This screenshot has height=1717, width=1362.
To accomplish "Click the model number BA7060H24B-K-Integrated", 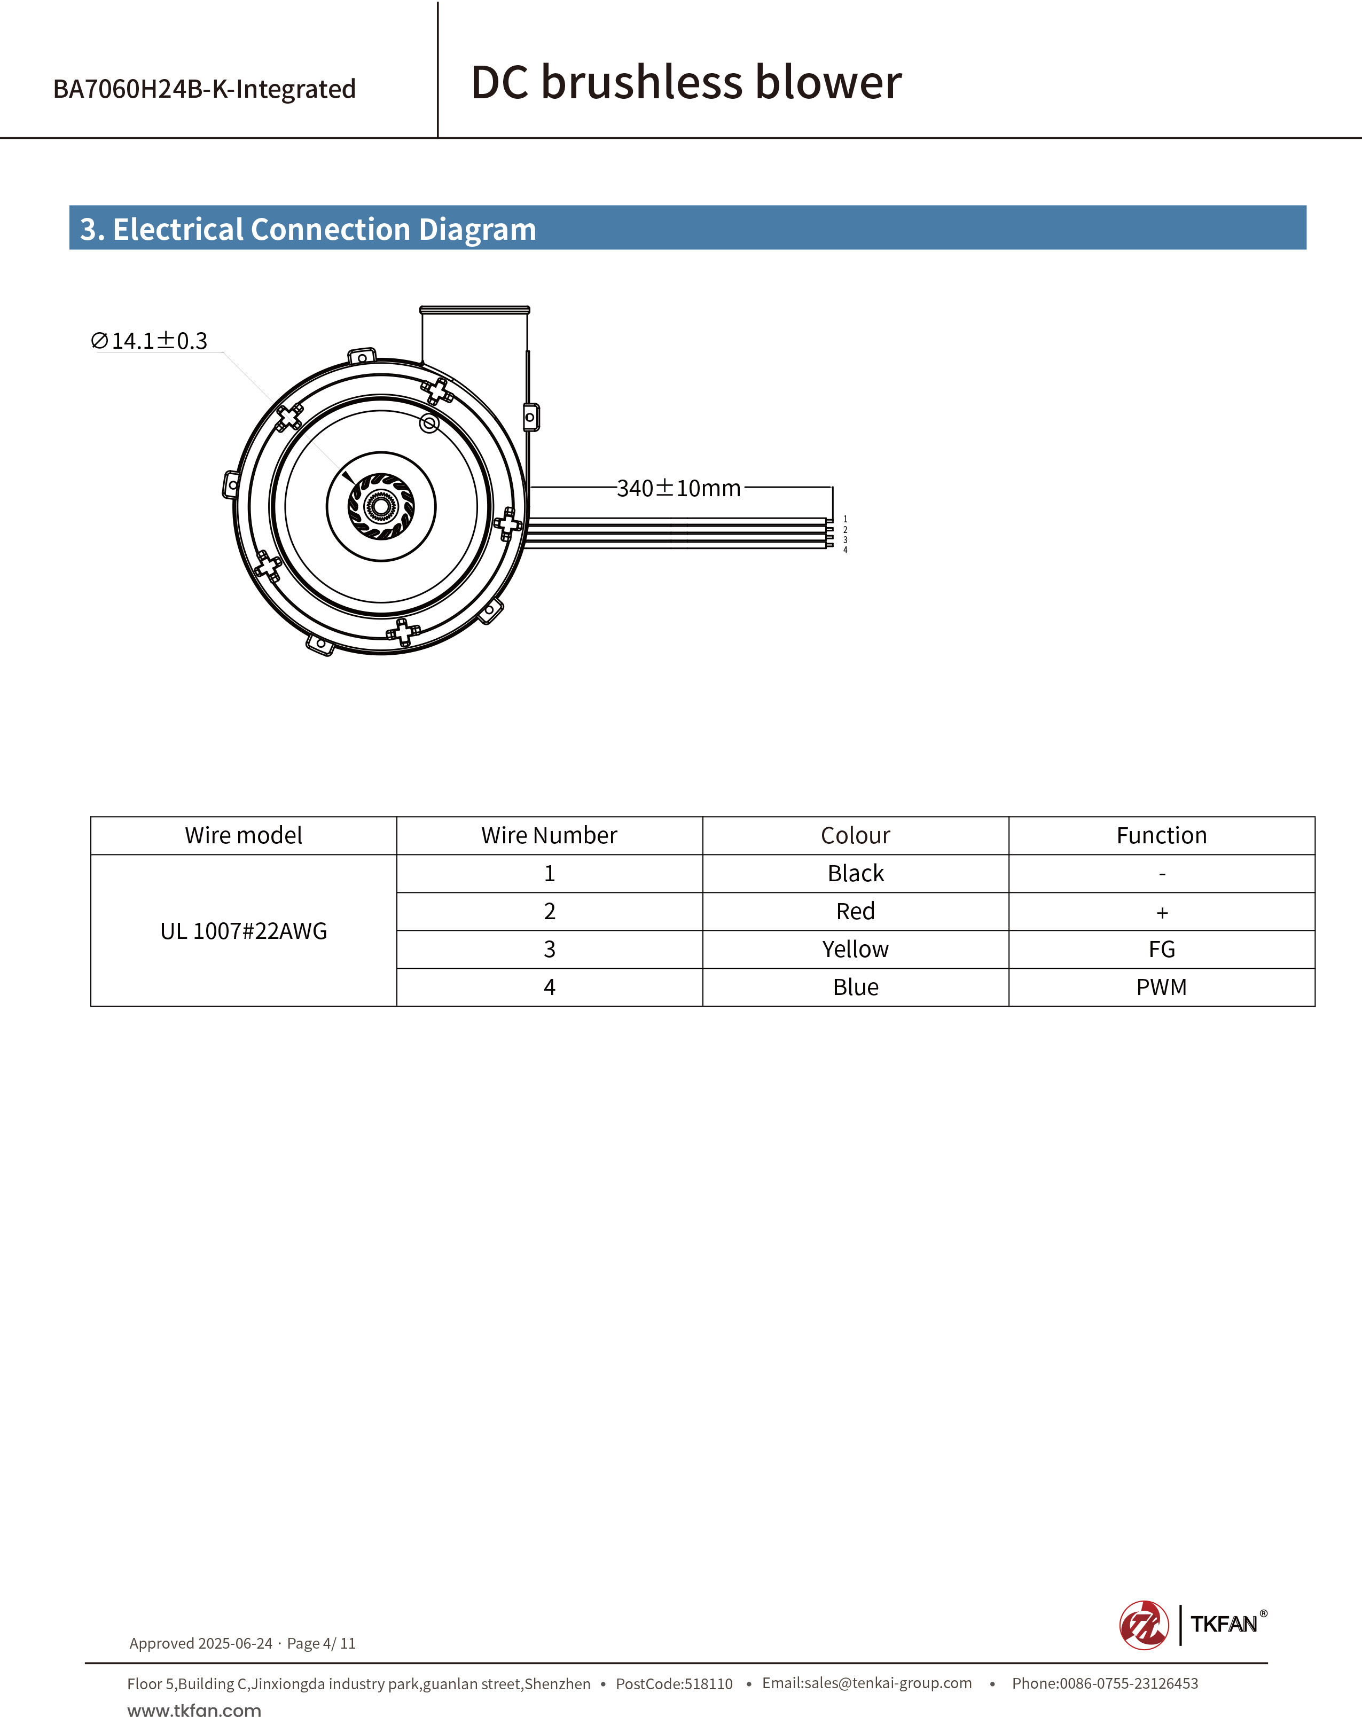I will tap(204, 89).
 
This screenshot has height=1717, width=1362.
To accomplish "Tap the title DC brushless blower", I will tap(686, 82).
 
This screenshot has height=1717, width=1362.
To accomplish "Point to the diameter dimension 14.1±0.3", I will tap(150, 341).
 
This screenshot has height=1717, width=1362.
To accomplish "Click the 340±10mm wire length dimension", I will tap(679, 488).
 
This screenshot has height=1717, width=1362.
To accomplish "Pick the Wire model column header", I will tap(243, 835).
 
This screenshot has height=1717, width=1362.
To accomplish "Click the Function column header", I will tap(1161, 835).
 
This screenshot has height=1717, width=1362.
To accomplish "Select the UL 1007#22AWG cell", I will tap(243, 931).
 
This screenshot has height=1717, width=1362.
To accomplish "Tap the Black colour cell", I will tap(856, 874).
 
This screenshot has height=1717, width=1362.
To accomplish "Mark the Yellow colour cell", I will tap(856, 949).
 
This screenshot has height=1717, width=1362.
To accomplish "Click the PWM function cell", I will tap(1161, 987).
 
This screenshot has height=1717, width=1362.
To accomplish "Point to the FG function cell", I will tap(1161, 949).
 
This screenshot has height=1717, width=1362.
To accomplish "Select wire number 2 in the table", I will tap(550, 911).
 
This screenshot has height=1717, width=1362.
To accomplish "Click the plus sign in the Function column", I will tap(1161, 913).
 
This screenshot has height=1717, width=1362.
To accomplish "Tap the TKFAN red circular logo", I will tap(1144, 1625).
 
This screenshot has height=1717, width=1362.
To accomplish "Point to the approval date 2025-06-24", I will tap(235, 1643).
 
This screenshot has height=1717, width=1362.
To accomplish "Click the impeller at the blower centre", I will tap(381, 506).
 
